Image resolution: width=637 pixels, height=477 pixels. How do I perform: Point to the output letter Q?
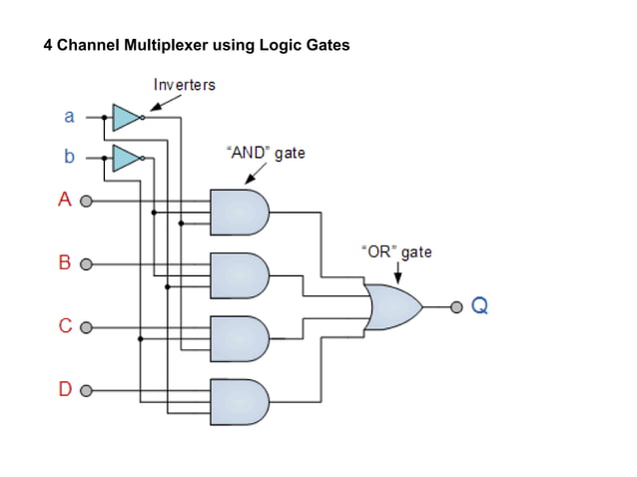click(x=480, y=306)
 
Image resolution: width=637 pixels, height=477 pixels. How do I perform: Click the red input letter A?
click(x=65, y=200)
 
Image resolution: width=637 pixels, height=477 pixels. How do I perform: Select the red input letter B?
click(x=65, y=264)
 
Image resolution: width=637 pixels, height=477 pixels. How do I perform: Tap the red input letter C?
click(x=65, y=326)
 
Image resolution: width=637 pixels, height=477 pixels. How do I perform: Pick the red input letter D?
click(x=65, y=389)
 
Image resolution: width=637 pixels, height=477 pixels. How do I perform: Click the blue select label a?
click(x=69, y=117)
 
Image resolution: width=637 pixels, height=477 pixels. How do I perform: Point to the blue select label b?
click(x=69, y=157)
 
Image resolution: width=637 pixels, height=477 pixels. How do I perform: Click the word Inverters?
click(x=184, y=85)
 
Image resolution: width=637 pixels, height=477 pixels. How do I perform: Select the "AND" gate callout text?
click(x=267, y=154)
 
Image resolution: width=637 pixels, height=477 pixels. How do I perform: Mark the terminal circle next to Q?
click(x=455, y=306)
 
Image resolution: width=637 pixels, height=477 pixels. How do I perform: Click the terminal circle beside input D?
click(x=86, y=390)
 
